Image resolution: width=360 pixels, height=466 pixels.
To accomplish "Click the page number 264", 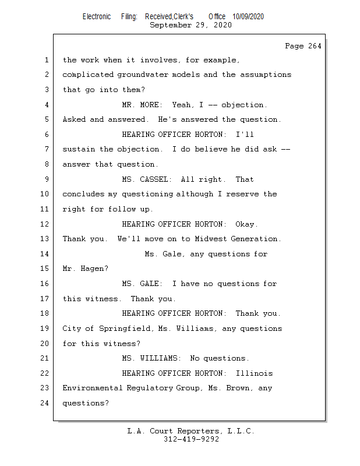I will [315, 47].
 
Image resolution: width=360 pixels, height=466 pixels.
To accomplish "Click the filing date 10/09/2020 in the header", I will [248, 17].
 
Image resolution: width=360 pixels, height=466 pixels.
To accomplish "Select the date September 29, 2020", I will [190, 26].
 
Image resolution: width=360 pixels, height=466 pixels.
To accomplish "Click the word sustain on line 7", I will [79, 150].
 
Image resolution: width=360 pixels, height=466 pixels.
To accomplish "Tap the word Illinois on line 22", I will [254, 373].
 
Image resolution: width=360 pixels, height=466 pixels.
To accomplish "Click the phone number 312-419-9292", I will [190, 440].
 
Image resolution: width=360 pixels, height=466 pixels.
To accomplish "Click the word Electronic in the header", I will [97, 17].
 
